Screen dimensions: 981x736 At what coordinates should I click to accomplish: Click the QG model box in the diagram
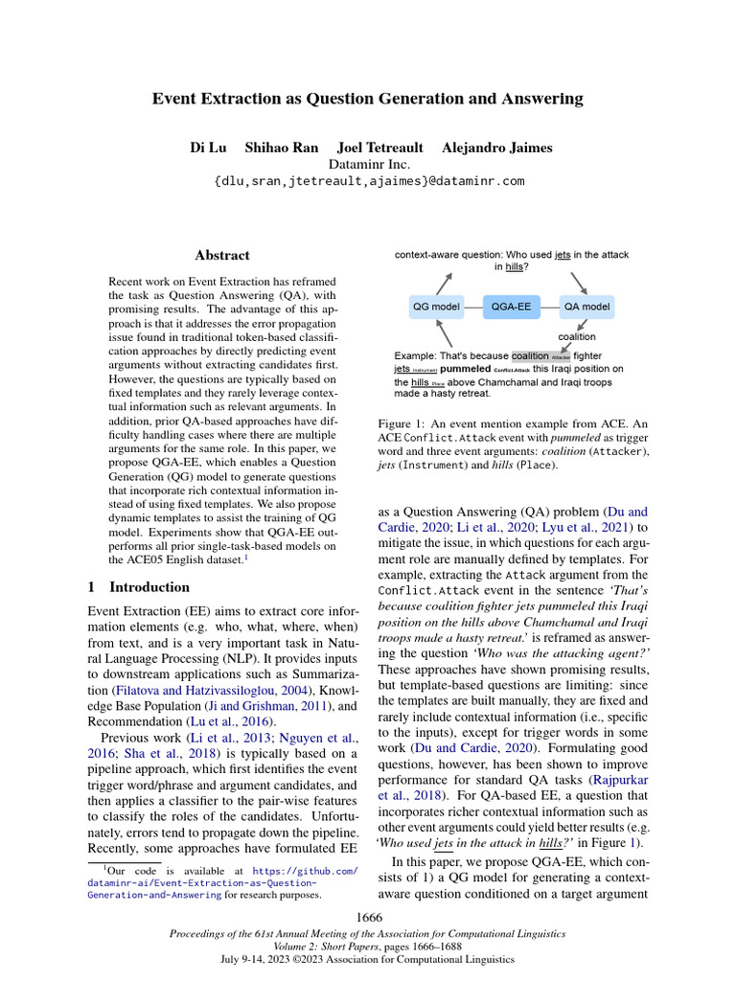point(436,307)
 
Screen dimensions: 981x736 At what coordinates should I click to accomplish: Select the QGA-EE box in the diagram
point(511,307)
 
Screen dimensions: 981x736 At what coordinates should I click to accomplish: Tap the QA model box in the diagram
point(586,307)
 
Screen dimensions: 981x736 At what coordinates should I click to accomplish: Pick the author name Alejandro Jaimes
point(496,148)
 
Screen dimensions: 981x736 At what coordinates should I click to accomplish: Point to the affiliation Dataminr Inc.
point(369,164)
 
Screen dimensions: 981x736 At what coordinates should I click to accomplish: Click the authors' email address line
point(369,180)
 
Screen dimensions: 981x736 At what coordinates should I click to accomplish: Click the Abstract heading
point(222,255)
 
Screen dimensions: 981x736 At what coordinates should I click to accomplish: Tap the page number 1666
point(369,918)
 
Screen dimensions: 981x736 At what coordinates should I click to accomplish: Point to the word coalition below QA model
point(577,336)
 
